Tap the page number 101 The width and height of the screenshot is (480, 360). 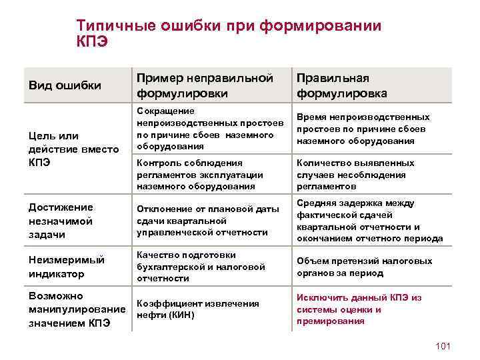(x=442, y=345)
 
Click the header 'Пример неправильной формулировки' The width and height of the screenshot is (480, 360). (x=205, y=85)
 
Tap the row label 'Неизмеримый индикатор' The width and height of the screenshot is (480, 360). (x=59, y=266)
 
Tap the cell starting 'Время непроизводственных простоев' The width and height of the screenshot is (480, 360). (x=363, y=129)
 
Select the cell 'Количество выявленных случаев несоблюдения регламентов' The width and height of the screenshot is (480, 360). (x=355, y=174)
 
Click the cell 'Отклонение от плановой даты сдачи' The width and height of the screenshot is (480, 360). (x=207, y=221)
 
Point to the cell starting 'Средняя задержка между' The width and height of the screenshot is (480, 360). (x=369, y=221)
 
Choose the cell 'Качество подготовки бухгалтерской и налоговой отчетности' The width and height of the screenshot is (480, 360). (x=201, y=266)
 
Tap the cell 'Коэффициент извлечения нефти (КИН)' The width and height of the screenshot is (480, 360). (x=197, y=309)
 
